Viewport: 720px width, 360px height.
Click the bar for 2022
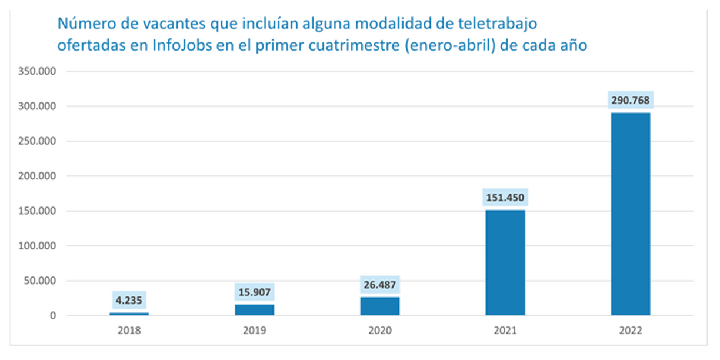point(631,214)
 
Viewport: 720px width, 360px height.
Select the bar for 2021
point(505,262)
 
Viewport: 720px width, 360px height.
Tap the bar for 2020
point(380,306)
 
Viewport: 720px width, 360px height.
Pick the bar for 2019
point(254,309)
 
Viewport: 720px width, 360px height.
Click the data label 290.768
point(631,100)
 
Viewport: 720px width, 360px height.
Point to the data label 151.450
point(505,197)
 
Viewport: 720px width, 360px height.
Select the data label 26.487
point(380,285)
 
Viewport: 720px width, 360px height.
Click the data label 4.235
point(129,300)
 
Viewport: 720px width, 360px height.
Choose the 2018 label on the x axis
point(129,331)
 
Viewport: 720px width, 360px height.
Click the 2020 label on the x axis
point(380,331)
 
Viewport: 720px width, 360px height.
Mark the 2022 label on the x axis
point(631,331)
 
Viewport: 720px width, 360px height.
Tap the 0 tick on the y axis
point(53,316)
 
